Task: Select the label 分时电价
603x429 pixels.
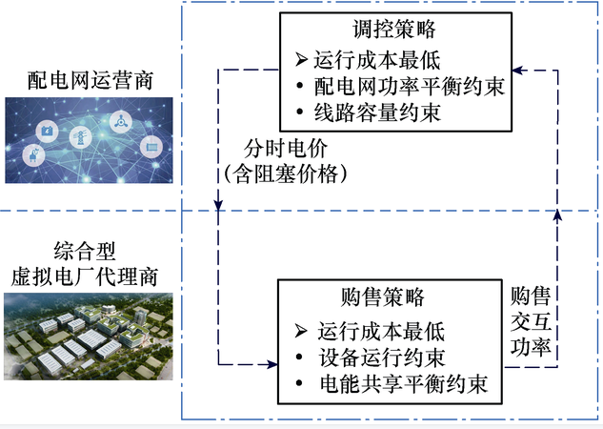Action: click(276, 151)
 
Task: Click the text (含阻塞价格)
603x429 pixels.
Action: click(276, 174)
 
